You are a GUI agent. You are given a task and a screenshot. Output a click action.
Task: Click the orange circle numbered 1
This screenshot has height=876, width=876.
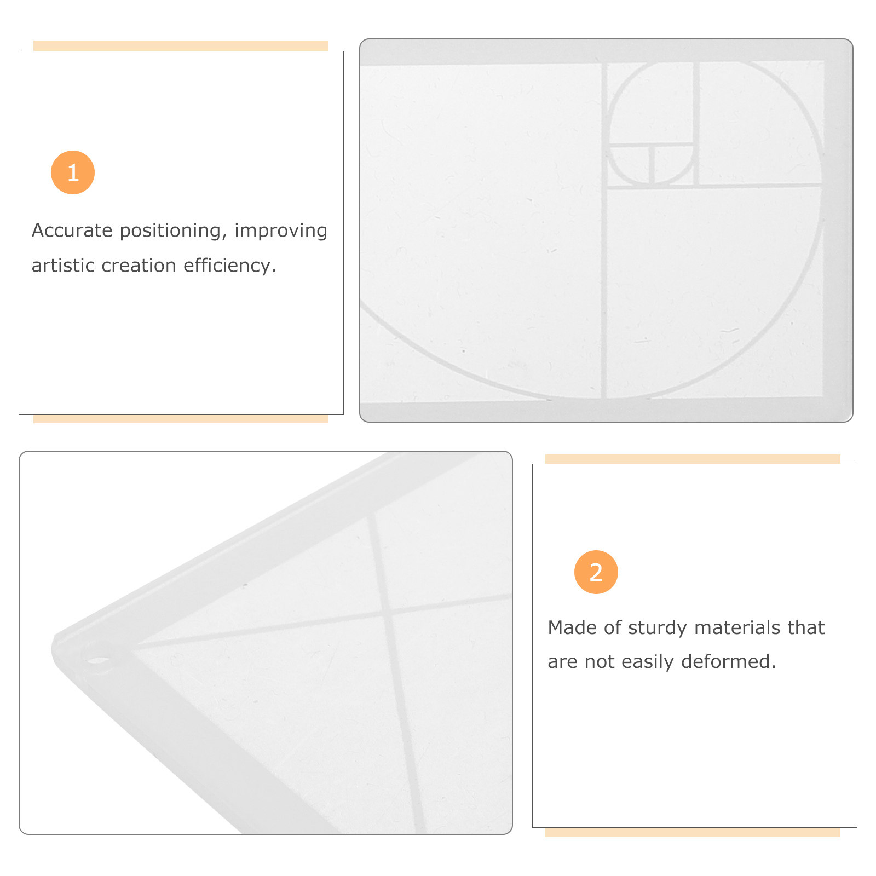tap(73, 172)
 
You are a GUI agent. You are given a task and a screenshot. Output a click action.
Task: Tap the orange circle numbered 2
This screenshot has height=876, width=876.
tap(596, 572)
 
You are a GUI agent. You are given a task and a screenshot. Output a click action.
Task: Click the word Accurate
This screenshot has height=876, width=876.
tap(72, 230)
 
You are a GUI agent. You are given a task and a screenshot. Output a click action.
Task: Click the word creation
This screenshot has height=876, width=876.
tap(139, 266)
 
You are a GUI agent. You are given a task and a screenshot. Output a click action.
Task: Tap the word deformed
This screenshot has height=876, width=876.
tap(729, 661)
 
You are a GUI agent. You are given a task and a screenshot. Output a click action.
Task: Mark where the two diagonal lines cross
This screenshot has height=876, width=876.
tap(387, 612)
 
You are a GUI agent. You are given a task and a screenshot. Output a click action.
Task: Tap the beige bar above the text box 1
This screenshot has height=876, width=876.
tap(181, 45)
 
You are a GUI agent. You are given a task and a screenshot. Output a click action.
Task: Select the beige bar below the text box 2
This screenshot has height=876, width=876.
tap(693, 832)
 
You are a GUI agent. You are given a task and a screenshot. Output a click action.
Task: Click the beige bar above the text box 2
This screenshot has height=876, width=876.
tap(693, 459)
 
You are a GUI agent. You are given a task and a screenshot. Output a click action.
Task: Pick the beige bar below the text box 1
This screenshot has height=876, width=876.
tap(181, 419)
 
